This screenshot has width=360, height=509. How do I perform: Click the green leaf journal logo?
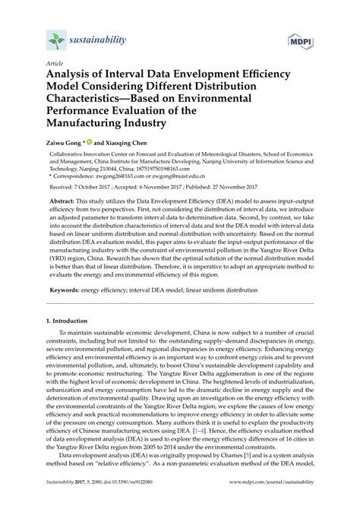click(x=53, y=39)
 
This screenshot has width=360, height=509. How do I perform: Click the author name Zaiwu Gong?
click(x=68, y=163)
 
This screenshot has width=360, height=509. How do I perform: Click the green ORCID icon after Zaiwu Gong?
click(x=99, y=162)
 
